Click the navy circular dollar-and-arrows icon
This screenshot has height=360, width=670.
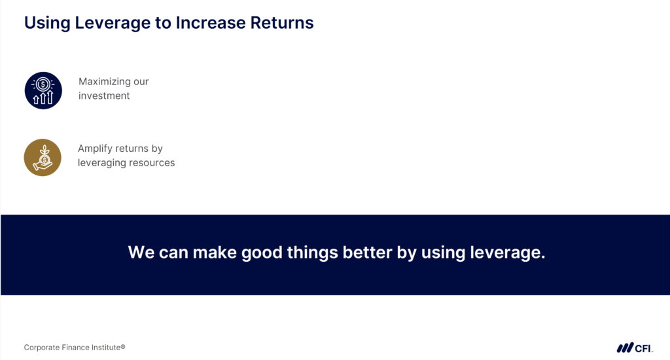43,90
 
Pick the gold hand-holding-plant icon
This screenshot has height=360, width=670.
43,157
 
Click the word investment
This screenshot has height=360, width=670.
104,96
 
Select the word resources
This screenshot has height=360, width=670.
151,162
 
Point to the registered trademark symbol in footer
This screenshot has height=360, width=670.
122,346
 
